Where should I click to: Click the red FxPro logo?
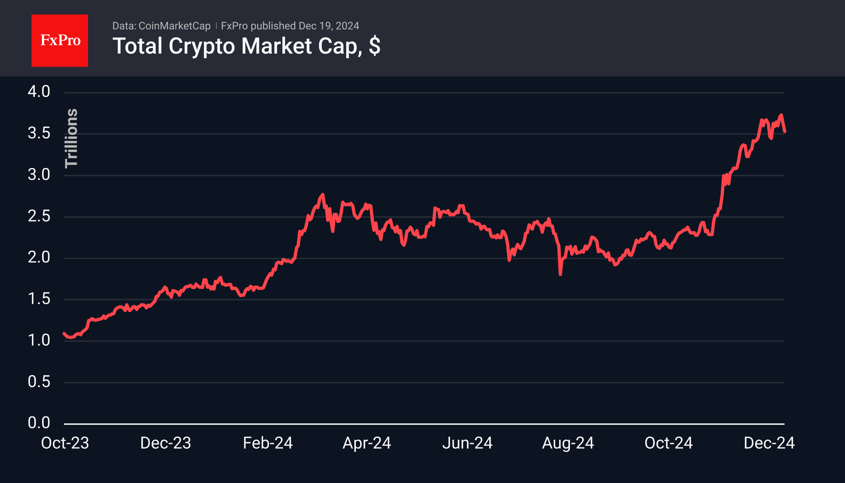coord(60,40)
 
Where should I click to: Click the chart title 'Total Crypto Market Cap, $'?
coord(246,46)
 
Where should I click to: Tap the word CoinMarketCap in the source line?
coord(174,26)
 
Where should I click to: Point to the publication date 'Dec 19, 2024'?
coord(329,26)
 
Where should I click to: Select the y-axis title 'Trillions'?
coord(71,138)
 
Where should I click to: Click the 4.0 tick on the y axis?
coord(39,92)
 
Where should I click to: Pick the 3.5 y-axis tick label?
coord(39,133)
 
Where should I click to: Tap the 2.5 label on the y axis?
coord(39,216)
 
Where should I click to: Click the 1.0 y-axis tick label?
coord(39,340)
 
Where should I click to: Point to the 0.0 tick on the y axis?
coord(39,423)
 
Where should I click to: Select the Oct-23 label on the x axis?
coord(65,443)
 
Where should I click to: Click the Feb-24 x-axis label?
coord(267,443)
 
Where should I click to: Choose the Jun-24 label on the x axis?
coord(467,443)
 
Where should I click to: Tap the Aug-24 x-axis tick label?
coord(568,443)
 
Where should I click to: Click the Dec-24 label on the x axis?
coord(769,443)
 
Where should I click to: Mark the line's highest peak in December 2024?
coord(781,115)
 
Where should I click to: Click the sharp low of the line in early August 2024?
coord(560,275)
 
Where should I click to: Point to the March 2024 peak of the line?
coord(322,195)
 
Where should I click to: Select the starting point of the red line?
coord(64,334)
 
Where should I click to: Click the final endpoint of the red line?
coord(785,132)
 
